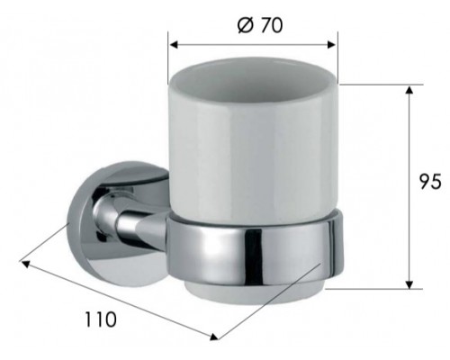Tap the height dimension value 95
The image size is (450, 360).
point(429,183)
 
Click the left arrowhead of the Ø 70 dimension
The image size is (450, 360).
point(175,42)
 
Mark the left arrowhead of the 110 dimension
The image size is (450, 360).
point(25,265)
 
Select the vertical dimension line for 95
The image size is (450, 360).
point(410,189)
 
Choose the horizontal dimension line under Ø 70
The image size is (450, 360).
point(253,42)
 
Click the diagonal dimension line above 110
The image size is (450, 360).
point(117,300)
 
